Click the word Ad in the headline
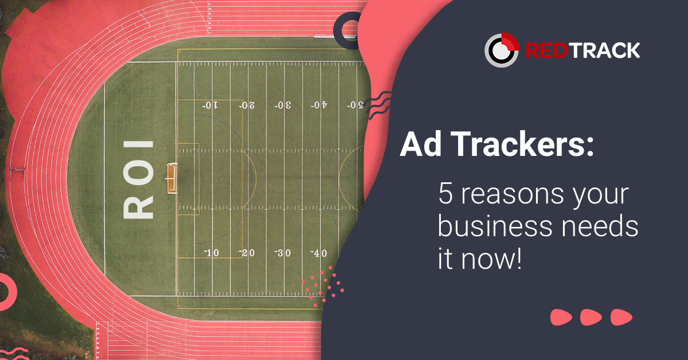pos(417,146)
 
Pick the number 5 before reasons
pos(445,195)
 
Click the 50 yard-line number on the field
pos(355,105)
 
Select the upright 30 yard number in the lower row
pos(283,253)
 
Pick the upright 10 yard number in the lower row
pos(211,253)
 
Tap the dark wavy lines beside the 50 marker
pos(378,106)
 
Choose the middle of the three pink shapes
pos(591,317)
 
